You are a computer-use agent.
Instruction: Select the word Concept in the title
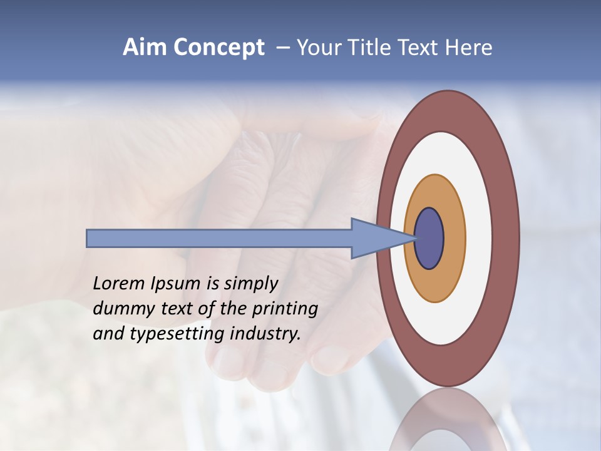218,48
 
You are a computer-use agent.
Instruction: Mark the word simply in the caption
250,284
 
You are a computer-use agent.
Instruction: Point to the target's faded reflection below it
448,420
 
